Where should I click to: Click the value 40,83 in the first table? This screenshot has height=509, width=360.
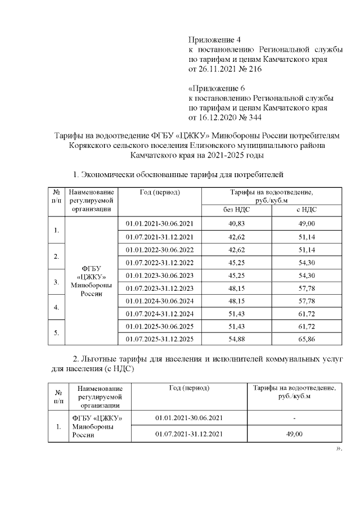[236, 224]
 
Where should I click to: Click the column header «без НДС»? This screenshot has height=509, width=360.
[236, 209]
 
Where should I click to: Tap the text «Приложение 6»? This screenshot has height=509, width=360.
[213, 88]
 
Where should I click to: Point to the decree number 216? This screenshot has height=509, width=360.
[254, 69]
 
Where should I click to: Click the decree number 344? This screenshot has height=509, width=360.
[254, 118]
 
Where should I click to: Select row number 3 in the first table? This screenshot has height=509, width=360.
[56, 281]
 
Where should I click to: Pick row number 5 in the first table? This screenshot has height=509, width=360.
[56, 332]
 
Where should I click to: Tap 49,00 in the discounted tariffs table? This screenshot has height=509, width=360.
[295, 434]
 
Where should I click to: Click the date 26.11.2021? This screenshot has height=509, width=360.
[218, 69]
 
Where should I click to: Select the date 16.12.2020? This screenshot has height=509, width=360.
[218, 118]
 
